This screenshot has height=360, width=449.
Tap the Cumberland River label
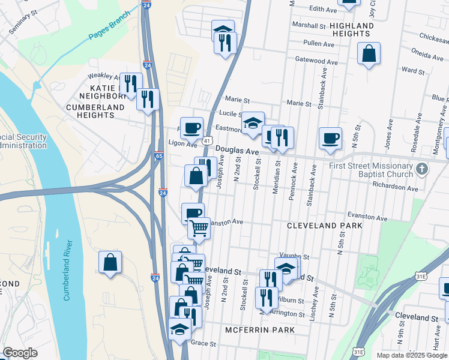coord(67,270)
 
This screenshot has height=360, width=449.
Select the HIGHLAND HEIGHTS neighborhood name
coord(360,29)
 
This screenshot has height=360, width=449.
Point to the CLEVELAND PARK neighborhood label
coord(324,226)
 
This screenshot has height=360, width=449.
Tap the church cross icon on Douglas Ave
coord(421,169)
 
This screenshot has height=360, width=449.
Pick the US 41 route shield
coord(206,140)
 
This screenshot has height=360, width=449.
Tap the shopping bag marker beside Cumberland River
coord(110,263)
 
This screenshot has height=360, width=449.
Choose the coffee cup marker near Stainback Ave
coord(330,139)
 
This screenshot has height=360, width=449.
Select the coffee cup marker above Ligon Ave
coord(191,128)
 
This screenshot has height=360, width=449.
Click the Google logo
coord(20,353)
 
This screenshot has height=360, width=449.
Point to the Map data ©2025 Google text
coord(412,355)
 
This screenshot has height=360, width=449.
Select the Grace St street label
coord(203,344)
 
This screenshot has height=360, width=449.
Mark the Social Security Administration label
coord(23,141)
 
